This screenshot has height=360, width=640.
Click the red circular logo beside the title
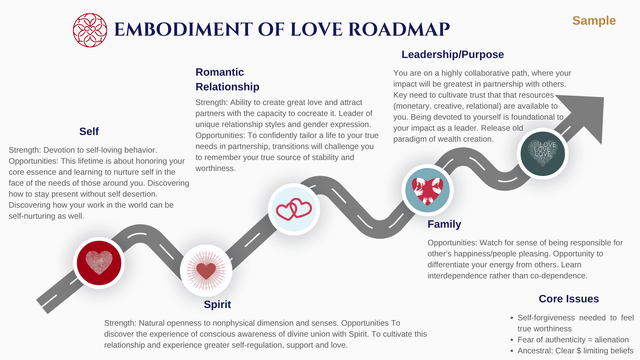click(x=90, y=30)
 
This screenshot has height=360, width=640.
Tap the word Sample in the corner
click(x=594, y=21)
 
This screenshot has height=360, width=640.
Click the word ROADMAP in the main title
click(x=399, y=29)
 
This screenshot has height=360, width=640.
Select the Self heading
click(x=89, y=131)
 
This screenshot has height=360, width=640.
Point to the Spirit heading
click(x=217, y=304)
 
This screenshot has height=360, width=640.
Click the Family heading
click(x=444, y=224)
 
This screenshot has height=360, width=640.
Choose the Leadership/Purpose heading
click(x=453, y=54)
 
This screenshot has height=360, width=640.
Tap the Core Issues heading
click(x=569, y=299)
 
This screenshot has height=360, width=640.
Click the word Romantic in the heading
click(x=220, y=72)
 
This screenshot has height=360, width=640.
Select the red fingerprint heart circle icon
click(x=99, y=263)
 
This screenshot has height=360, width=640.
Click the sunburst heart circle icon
click(x=206, y=271)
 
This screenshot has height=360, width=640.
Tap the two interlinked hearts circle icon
click(x=294, y=209)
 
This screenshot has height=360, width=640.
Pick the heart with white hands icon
click(x=428, y=190)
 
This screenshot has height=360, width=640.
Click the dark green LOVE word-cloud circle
click(x=543, y=154)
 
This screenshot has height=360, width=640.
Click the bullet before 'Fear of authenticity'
click(x=512, y=340)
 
